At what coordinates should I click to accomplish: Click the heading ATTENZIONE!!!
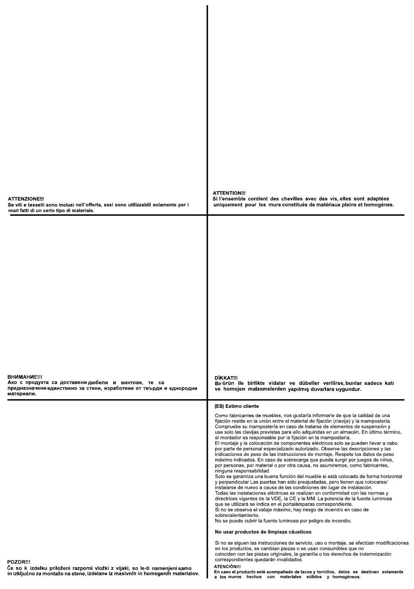[x=26, y=199]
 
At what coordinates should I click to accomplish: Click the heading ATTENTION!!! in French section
[x=229, y=193]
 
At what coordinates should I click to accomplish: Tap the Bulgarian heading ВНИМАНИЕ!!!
[x=25, y=377]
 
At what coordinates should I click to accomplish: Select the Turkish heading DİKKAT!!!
[x=226, y=378]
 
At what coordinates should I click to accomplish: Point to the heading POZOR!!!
[x=19, y=562]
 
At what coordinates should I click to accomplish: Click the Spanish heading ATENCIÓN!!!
[x=227, y=566]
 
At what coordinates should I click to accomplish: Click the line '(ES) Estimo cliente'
[x=237, y=406]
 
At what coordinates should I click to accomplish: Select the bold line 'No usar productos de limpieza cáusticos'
[x=263, y=532]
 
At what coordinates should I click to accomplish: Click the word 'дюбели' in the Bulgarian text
[x=95, y=383]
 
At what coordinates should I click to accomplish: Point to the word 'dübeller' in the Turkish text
[x=310, y=383]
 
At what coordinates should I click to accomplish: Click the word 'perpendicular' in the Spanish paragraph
[x=235, y=482]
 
